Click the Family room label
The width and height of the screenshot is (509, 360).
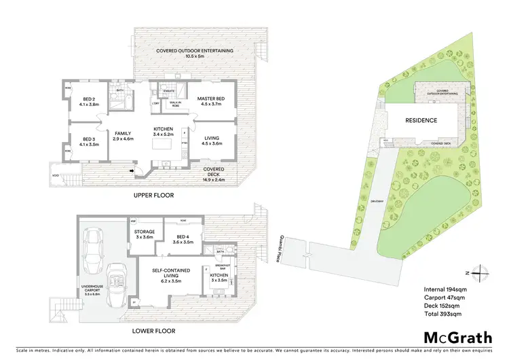[123, 136]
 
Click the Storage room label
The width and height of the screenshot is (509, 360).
[145, 234]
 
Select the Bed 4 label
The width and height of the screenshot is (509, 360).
[183, 238]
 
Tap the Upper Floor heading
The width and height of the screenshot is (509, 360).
[154, 195]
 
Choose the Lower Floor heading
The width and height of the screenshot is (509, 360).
[154, 331]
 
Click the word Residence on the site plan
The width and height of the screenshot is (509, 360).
[421, 120]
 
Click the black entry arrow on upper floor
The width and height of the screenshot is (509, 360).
[132, 171]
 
